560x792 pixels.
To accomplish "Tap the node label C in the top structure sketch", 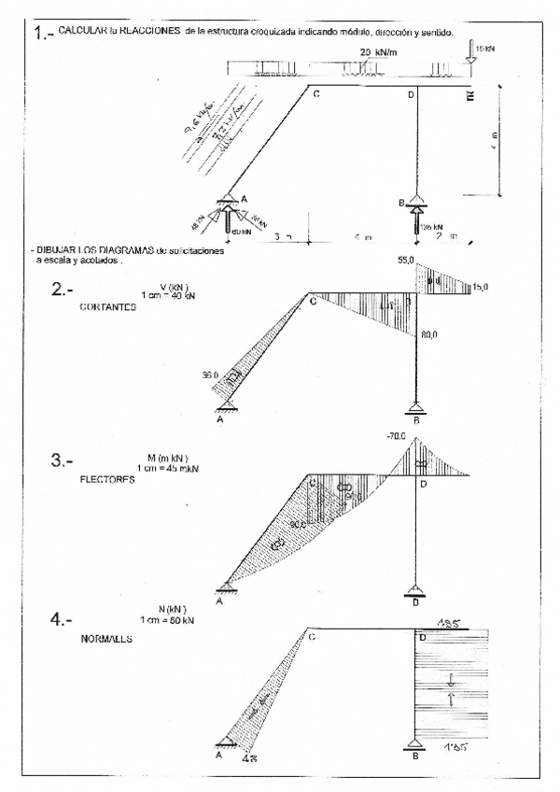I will click(x=316, y=95).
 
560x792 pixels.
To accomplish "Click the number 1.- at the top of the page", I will click(x=42, y=35).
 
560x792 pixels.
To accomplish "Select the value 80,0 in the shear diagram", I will click(x=429, y=334).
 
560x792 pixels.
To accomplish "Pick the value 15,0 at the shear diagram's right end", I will click(x=481, y=288).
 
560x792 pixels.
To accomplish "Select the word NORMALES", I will click(x=106, y=641).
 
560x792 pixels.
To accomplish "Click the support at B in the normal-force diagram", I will click(x=415, y=743).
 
